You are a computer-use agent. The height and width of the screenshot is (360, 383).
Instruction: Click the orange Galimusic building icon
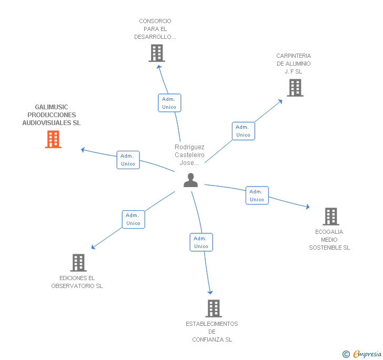[53, 139]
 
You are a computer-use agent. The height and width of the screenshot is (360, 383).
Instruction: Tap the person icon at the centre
[190, 180]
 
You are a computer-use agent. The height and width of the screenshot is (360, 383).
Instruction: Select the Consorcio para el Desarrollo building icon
[157, 53]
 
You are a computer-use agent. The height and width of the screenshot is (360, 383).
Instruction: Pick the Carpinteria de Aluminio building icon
[295, 88]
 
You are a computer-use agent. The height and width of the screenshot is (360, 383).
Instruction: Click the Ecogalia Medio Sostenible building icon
[330, 216]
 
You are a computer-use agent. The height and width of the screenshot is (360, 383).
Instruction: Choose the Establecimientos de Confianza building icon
[213, 308]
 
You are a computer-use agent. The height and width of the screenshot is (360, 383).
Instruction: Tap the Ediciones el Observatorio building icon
[78, 262]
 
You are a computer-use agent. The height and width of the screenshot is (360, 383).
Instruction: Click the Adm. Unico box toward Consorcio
[169, 103]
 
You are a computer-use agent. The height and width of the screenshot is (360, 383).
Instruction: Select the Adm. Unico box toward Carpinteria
[243, 131]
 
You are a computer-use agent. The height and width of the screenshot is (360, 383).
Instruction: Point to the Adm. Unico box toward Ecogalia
[257, 196]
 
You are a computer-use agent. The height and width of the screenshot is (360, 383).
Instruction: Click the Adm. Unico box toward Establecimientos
[201, 242]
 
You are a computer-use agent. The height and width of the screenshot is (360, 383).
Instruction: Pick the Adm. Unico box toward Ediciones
[133, 219]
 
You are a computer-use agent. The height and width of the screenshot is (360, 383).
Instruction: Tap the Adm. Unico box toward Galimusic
[128, 160]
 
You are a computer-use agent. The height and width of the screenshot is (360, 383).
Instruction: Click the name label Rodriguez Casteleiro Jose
[189, 155]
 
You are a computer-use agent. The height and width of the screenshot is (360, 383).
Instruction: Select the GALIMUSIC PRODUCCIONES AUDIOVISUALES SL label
[52, 115]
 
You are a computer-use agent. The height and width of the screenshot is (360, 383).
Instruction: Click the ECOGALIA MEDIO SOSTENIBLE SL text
[329, 240]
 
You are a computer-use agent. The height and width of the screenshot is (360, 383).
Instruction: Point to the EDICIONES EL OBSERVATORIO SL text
[77, 282]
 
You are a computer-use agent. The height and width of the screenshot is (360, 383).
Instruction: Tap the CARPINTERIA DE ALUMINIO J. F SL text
[294, 64]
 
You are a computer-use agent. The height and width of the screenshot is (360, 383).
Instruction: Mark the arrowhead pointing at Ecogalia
[307, 208]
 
